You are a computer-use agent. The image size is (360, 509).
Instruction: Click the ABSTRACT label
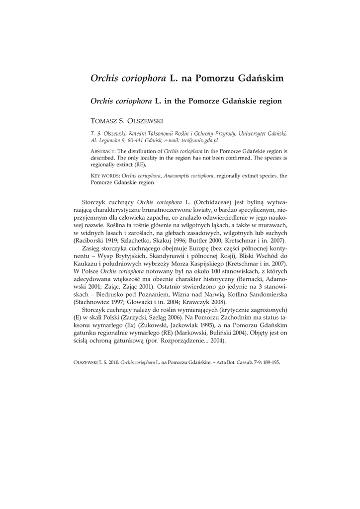pos(103,150)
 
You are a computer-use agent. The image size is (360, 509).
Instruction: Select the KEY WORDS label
pos(105,176)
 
